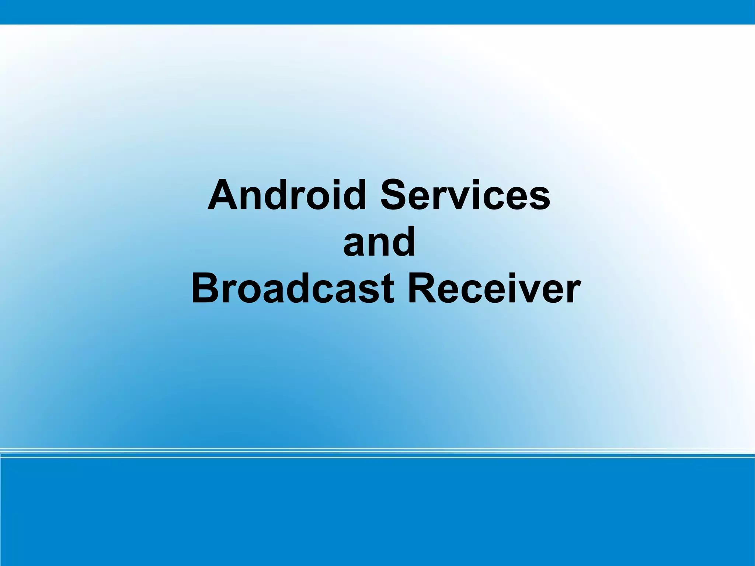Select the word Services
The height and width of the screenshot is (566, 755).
[x=465, y=195]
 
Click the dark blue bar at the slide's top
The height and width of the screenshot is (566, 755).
[x=377, y=12]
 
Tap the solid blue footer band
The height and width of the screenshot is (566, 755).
[x=377, y=513]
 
